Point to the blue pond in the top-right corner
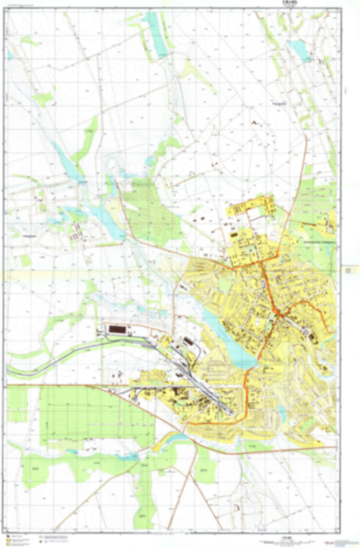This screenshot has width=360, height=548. (297, 48)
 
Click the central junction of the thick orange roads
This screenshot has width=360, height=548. (276, 312)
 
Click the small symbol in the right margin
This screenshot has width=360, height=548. (348, 271)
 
